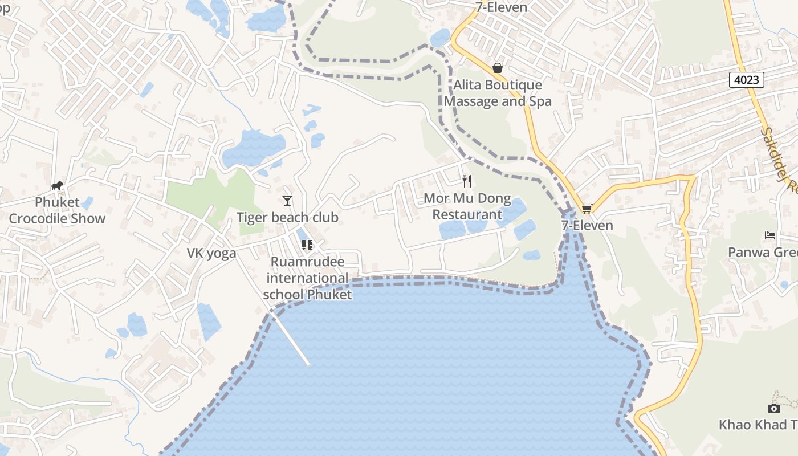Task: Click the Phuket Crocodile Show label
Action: coord(57,210)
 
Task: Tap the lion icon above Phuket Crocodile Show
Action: coord(57,185)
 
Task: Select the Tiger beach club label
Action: coord(287,218)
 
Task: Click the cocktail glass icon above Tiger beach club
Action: coord(287,200)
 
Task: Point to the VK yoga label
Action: coord(211,254)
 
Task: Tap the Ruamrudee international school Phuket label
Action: coord(307,278)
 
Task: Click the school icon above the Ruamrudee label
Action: coord(307,245)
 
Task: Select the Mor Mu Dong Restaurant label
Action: coord(467,207)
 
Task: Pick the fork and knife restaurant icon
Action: coord(467,181)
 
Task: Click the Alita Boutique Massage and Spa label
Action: coord(498,93)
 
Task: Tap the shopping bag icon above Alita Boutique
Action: coord(498,68)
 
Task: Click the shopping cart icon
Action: coord(587,209)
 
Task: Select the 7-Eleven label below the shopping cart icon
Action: coord(587,225)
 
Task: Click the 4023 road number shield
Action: coord(746,79)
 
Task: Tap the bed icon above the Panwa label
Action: coord(770,235)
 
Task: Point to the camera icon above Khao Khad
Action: coord(773,408)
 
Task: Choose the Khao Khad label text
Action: coord(758,425)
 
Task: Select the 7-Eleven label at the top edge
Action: coord(501,7)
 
